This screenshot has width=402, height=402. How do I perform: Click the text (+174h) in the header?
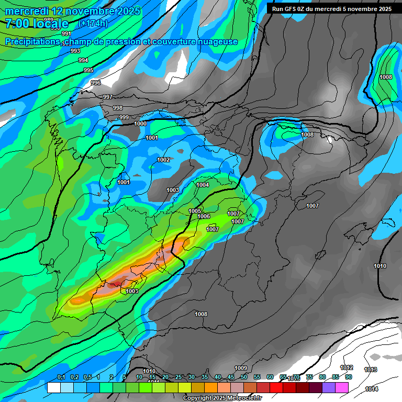click(x=93, y=23)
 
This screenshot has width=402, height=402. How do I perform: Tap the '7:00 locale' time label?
click(x=37, y=24)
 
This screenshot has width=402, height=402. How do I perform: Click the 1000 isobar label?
click(x=140, y=124)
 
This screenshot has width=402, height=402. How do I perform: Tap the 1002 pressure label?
click(x=163, y=160)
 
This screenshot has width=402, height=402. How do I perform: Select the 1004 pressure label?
click(x=203, y=185)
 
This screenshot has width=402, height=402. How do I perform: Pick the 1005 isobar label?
click(x=195, y=211)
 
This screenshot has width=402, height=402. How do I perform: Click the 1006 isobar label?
click(x=204, y=216)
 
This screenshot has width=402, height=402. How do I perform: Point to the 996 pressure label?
click(x=95, y=83)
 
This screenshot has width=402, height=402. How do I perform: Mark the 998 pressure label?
click(x=118, y=108)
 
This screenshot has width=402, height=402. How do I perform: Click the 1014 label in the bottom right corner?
click(x=372, y=389)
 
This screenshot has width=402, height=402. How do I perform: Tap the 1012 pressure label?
click(x=347, y=367)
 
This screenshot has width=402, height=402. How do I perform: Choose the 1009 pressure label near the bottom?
click(x=241, y=368)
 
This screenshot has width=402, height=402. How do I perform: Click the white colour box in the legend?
click(x=53, y=388)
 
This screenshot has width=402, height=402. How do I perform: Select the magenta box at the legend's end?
click(x=342, y=388)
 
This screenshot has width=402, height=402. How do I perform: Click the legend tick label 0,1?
click(x=61, y=377)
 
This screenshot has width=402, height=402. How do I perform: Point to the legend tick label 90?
click(x=348, y=377)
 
